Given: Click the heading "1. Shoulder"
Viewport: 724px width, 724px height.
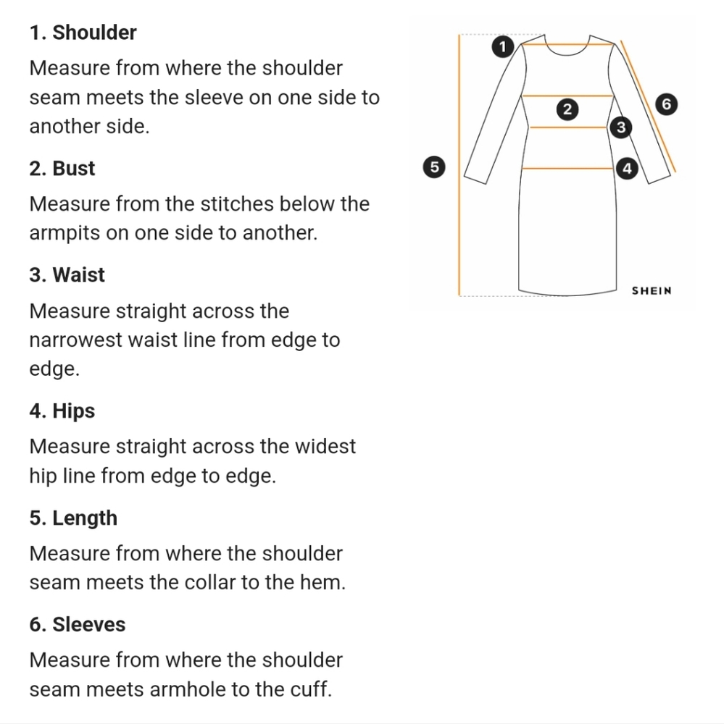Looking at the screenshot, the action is click(x=83, y=33).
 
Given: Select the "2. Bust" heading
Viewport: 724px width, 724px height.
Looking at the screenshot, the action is click(x=62, y=169).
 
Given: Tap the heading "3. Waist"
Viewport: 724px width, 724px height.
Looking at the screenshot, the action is click(x=67, y=274).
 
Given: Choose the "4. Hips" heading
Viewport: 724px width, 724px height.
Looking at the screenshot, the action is click(x=62, y=411).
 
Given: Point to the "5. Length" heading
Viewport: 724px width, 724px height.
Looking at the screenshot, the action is click(x=73, y=518).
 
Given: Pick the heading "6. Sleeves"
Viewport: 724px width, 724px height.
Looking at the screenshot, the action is click(x=78, y=624).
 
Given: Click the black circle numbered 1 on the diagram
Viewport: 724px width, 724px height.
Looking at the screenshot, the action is click(x=502, y=46).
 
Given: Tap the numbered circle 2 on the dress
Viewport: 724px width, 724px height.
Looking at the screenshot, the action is click(x=567, y=109).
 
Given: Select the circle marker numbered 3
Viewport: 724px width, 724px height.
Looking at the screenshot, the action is click(x=621, y=127).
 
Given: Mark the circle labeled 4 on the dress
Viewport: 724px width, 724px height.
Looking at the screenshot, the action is click(x=627, y=168).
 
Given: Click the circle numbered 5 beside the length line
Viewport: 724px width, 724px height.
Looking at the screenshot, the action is click(x=434, y=167).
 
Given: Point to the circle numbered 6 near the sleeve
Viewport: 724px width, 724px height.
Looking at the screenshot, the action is click(x=666, y=104).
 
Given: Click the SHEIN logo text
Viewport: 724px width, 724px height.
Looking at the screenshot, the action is click(x=652, y=291).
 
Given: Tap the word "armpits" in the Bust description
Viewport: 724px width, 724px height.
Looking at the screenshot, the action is click(x=65, y=233).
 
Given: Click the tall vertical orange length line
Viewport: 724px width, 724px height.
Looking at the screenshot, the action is click(x=459, y=165).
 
